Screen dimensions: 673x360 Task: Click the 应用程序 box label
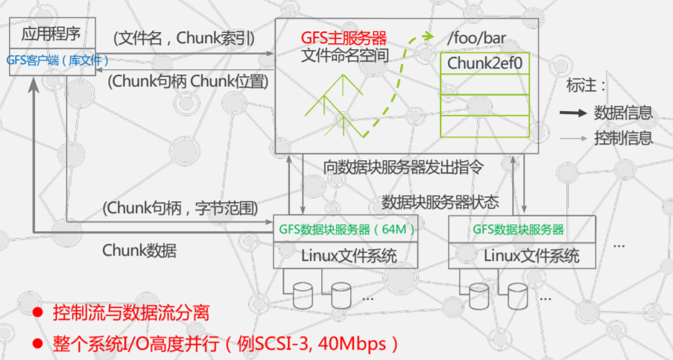click(51, 34)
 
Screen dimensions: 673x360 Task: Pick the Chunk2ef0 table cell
click(484, 63)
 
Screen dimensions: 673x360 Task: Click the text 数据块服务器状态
click(440, 202)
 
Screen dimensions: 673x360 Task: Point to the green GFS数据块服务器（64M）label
click(345, 229)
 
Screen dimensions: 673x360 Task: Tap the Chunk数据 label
click(139, 250)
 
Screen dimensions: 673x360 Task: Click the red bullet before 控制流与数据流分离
click(37, 312)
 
